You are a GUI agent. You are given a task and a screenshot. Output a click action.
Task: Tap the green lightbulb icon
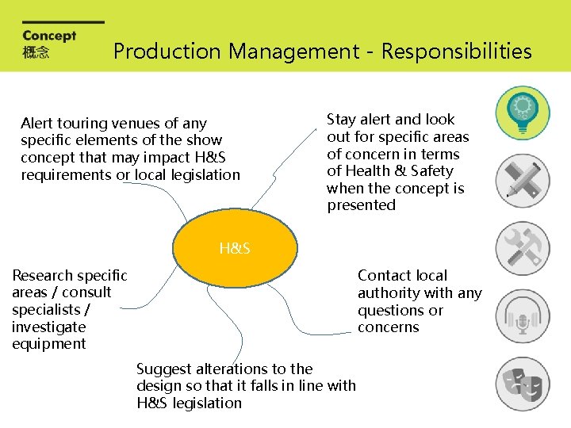(522, 113)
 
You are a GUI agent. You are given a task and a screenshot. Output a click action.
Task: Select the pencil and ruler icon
(522, 181)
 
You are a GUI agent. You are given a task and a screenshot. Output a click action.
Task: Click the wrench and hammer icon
(522, 248)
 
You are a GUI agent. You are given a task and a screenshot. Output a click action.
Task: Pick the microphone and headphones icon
(522, 316)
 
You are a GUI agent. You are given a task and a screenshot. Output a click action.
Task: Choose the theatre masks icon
(522, 384)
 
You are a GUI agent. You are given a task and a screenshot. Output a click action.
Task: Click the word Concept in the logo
(49, 36)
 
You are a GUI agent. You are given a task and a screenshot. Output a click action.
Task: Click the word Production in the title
(167, 52)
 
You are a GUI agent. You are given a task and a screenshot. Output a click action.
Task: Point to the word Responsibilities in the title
(456, 52)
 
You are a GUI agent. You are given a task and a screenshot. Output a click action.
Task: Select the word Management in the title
(293, 52)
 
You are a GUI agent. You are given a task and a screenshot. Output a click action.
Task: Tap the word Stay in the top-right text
(342, 120)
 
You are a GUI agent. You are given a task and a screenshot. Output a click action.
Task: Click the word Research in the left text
(42, 276)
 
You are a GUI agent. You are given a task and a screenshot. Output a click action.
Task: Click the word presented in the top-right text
(361, 205)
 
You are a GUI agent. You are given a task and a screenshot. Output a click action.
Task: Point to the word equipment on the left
(48, 344)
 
